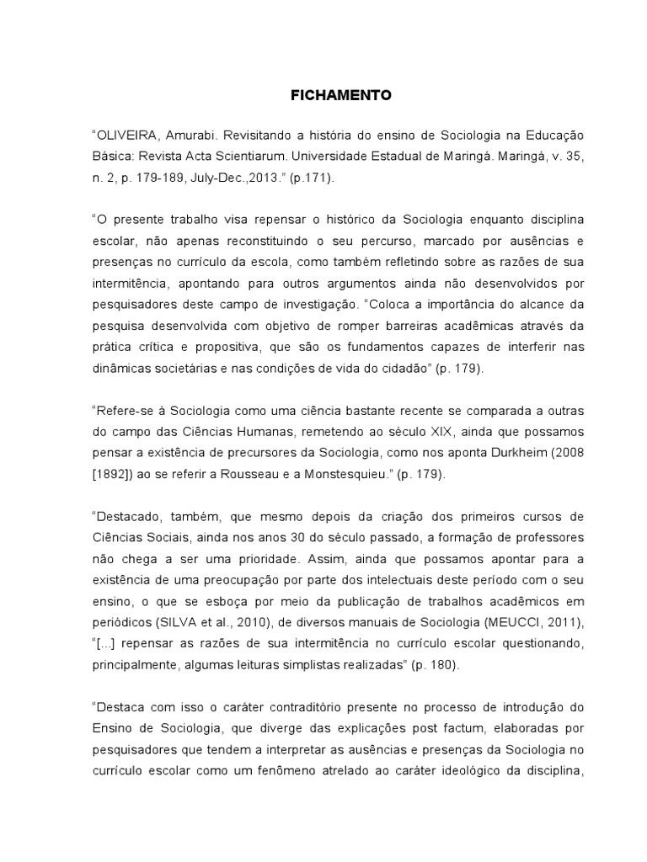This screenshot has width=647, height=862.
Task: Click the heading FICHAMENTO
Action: pyautogui.click(x=335, y=96)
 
